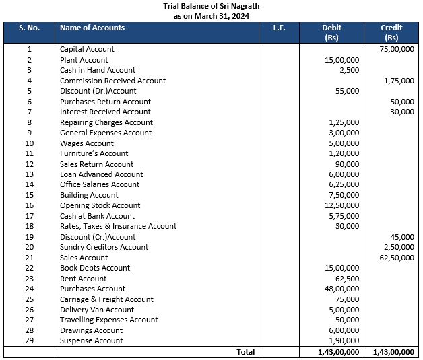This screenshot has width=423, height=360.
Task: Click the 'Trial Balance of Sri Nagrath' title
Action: click(x=211, y=6)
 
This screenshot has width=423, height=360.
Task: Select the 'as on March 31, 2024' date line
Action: click(x=211, y=15)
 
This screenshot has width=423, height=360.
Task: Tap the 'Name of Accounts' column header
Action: click(x=92, y=28)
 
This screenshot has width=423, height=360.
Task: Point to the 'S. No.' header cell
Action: click(x=29, y=28)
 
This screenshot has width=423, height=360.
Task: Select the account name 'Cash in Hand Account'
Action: click(x=98, y=70)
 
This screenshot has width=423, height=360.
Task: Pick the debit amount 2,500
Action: click(x=348, y=70)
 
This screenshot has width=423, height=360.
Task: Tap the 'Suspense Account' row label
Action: click(x=92, y=340)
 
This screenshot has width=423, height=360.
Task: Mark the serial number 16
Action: click(x=29, y=205)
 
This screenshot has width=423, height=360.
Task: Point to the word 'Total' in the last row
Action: click(x=245, y=351)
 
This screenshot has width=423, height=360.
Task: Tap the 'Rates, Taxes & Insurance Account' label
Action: click(x=118, y=226)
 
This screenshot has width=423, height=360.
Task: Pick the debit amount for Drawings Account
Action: click(x=344, y=330)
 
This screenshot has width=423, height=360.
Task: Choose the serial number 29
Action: click(x=29, y=340)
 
